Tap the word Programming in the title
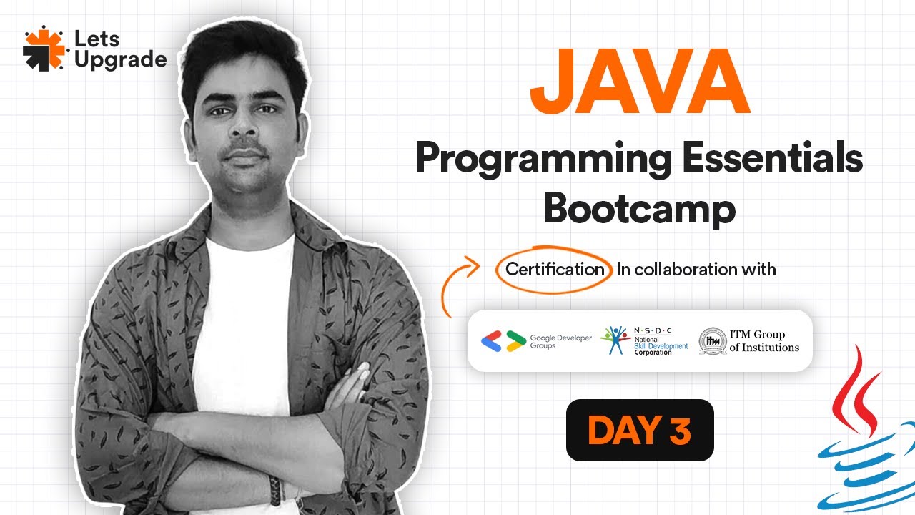pyautogui.click(x=543, y=160)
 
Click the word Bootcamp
pyautogui.click(x=640, y=208)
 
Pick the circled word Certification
pyautogui.click(x=555, y=270)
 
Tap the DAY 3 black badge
pyautogui.click(x=640, y=430)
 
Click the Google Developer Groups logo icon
pyautogui.click(x=503, y=341)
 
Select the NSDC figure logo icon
pyautogui.click(x=615, y=340)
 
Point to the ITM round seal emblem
pyautogui.click(x=711, y=341)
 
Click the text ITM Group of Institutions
pyautogui.click(x=764, y=341)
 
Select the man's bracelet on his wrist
pyautogui.click(x=275, y=489)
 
